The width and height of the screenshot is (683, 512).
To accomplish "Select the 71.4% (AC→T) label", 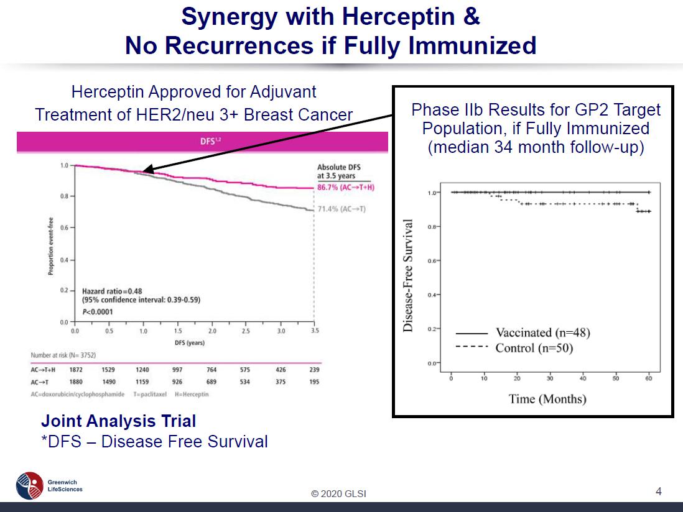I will click(x=341, y=209).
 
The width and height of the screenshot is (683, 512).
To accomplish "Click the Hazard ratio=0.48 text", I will click(x=113, y=291).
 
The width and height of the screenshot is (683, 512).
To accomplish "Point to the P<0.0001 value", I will click(x=98, y=311).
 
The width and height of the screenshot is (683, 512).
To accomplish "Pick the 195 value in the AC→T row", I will click(x=314, y=382).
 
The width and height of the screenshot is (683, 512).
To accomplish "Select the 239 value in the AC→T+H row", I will click(x=314, y=370).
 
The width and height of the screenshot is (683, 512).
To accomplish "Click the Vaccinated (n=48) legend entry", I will click(x=542, y=333).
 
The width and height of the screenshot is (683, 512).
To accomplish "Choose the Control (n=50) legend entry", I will click(x=534, y=348).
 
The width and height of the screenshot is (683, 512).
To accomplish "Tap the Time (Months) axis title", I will click(x=547, y=399).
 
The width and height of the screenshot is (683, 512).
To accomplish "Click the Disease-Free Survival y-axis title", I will click(x=409, y=275).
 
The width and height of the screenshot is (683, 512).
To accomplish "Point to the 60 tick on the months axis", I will click(x=649, y=378).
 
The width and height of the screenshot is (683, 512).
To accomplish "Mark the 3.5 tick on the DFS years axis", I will click(x=315, y=331).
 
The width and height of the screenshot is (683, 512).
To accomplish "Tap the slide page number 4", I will click(x=658, y=491).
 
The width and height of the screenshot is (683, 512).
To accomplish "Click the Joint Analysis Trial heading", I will click(x=118, y=421).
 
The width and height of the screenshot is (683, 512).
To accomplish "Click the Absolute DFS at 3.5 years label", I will click(x=338, y=171).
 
